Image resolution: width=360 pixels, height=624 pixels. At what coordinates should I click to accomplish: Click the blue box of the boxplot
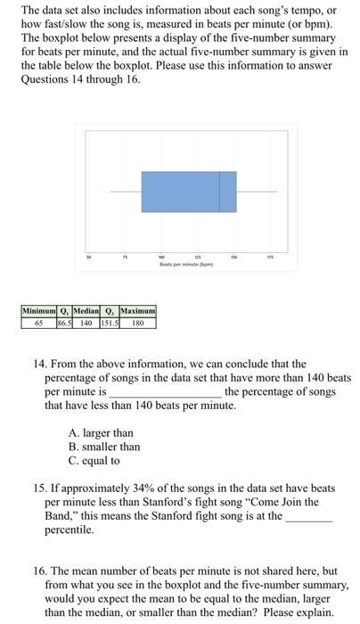178,192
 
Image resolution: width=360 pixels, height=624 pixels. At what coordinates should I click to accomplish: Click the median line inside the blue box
220,192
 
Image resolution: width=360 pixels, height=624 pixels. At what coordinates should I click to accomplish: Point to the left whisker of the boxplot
126,192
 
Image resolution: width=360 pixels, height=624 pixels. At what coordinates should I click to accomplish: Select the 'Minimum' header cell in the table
39,311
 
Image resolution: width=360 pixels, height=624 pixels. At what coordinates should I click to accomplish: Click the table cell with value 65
39,323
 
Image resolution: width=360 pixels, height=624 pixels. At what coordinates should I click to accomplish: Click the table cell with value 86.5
65,323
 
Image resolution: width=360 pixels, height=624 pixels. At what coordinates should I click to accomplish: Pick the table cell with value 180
137,323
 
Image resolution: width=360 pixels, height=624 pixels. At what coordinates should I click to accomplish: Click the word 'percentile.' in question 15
69,530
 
